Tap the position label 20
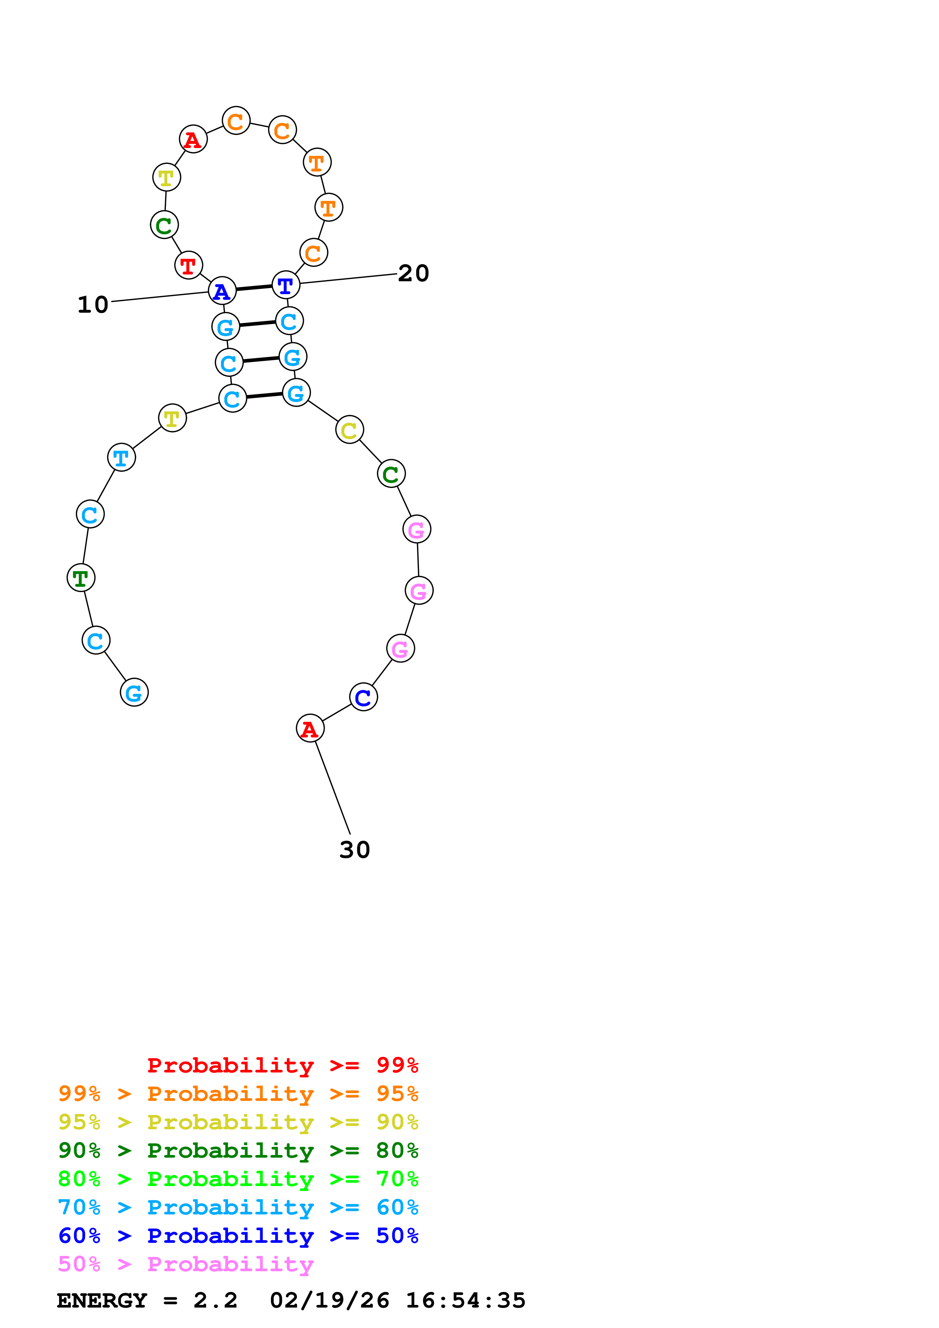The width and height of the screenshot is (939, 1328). (413, 274)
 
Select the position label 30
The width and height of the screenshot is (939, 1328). (354, 849)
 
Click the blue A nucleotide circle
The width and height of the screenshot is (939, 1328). (222, 291)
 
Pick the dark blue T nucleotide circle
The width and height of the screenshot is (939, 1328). (286, 285)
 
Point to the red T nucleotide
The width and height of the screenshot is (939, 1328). (189, 265)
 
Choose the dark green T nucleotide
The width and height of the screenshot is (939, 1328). (81, 577)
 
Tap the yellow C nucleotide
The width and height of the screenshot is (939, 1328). (350, 430)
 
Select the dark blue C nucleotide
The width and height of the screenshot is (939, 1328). (363, 697)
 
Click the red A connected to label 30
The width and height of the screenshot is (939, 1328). (310, 728)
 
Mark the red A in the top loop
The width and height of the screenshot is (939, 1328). (193, 139)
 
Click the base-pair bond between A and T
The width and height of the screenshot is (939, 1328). (254, 288)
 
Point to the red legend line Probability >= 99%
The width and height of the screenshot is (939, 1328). (282, 1065)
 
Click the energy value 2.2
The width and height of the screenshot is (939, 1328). (215, 1300)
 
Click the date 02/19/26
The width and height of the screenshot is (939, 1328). (329, 1300)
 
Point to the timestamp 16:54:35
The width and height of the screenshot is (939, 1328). (465, 1300)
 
